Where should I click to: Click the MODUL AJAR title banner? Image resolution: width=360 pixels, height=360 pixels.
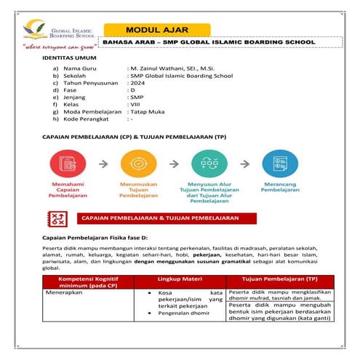158,30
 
